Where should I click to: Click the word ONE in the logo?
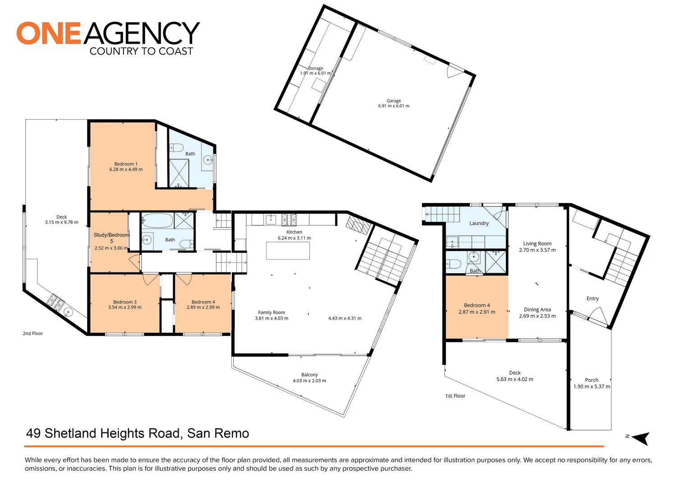pyautogui.click(x=49, y=33)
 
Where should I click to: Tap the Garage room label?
pyautogui.click(x=394, y=101)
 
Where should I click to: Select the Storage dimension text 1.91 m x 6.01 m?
pyautogui.click(x=316, y=73)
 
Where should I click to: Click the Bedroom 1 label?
pyautogui.click(x=126, y=164)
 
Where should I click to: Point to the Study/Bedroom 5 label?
pyautogui.click(x=111, y=238)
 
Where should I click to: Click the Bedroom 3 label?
pyautogui.click(x=125, y=302)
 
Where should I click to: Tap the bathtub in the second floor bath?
pyautogui.click(x=157, y=221)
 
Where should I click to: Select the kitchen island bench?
pyautogui.click(x=288, y=251)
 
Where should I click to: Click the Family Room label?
pyautogui.click(x=271, y=312)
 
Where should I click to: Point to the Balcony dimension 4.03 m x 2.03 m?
pyautogui.click(x=309, y=381)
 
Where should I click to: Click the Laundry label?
pyautogui.click(x=479, y=223)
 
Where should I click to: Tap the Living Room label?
pyautogui.click(x=537, y=243)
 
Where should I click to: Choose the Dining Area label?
pyautogui.click(x=537, y=310)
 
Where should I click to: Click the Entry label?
pyautogui.click(x=593, y=299)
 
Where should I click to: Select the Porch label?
pyautogui.click(x=592, y=380)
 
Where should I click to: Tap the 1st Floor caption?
pyautogui.click(x=455, y=396)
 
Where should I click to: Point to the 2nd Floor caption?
pyautogui.click(x=33, y=334)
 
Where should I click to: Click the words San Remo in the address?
pyautogui.click(x=218, y=433)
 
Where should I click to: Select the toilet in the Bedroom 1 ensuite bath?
pyautogui.click(x=176, y=148)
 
